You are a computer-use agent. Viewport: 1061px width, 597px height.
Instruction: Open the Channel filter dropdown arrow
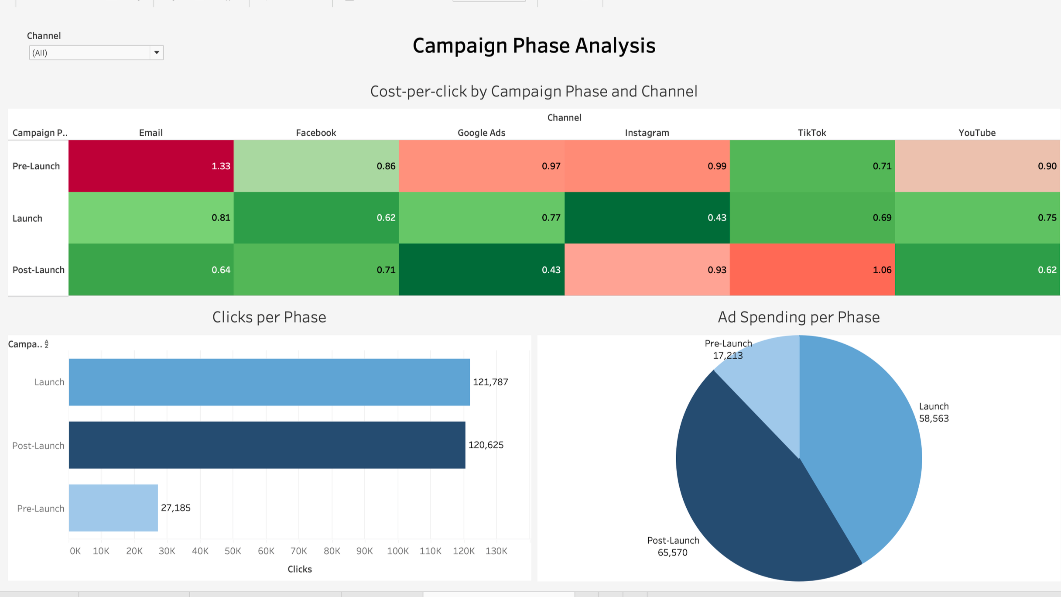pyautogui.click(x=156, y=53)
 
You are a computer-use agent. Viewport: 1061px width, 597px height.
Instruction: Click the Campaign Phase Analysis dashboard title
pyautogui.click(x=534, y=46)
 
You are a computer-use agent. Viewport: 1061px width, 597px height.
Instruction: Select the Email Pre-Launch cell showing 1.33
pyautogui.click(x=151, y=166)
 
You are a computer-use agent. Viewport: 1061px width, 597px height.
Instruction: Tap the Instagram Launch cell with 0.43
pyautogui.click(x=647, y=218)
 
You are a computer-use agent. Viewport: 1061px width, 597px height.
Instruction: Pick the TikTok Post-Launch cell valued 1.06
pyautogui.click(x=812, y=270)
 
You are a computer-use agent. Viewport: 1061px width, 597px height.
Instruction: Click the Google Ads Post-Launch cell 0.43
pyautogui.click(x=481, y=270)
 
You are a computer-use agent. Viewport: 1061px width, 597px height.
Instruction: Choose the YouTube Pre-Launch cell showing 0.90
pyautogui.click(x=977, y=166)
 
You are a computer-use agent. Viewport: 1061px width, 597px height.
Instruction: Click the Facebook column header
pyautogui.click(x=316, y=133)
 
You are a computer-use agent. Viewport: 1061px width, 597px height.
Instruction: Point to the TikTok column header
pyautogui.click(x=811, y=133)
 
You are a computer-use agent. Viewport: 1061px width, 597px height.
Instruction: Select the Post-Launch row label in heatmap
pyautogui.click(x=38, y=270)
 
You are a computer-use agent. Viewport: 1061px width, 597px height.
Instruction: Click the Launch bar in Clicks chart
pyautogui.click(x=269, y=382)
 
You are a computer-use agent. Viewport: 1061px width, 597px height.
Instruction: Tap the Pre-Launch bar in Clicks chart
pyautogui.click(x=113, y=508)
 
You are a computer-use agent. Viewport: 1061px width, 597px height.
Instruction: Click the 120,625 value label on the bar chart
pyautogui.click(x=486, y=445)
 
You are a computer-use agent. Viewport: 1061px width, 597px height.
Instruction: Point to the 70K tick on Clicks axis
pyautogui.click(x=299, y=551)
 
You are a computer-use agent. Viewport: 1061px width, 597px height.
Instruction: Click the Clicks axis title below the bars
pyautogui.click(x=299, y=569)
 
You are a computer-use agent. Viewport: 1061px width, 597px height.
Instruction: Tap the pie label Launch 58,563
pyautogui.click(x=933, y=412)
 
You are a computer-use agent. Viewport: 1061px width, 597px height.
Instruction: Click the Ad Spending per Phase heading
pyautogui.click(x=798, y=317)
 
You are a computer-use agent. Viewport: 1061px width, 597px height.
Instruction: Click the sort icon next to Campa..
pyautogui.click(x=46, y=344)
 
